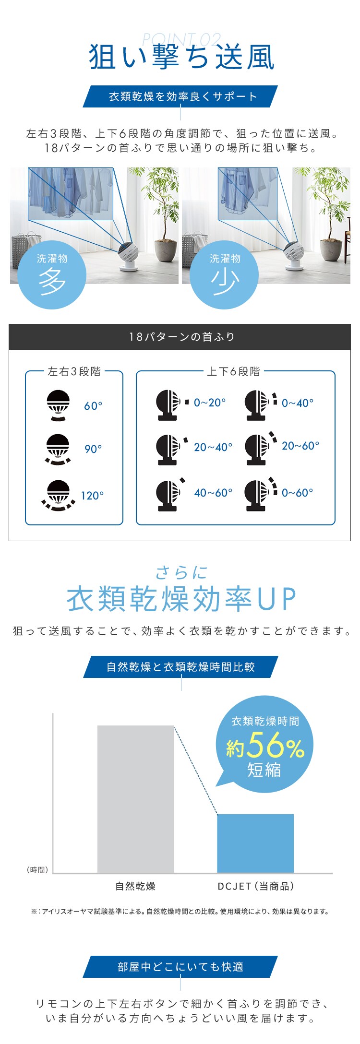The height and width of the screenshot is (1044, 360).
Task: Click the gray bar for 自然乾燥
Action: pyautogui.click(x=135, y=799)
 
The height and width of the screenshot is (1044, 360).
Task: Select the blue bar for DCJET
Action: pyautogui.click(x=255, y=843)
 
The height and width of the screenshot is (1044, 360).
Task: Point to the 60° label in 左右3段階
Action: pyautogui.click(x=93, y=406)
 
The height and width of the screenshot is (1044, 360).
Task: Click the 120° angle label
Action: pyautogui.click(x=92, y=496)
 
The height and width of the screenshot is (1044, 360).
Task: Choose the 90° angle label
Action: pyautogui.click(x=93, y=449)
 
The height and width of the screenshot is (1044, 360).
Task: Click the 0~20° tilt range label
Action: pyautogui.click(x=210, y=403)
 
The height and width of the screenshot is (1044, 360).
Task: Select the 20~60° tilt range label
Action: pyautogui.click(x=300, y=446)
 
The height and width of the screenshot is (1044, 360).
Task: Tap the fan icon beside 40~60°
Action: pyautogui.click(x=170, y=494)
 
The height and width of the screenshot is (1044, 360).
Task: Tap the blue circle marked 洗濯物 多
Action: pyautogui.click(x=52, y=275)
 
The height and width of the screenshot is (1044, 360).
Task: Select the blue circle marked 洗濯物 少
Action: pyautogui.click(x=224, y=275)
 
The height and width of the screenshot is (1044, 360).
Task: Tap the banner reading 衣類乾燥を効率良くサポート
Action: pyautogui.click(x=180, y=96)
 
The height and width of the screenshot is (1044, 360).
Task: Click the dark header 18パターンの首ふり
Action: pyautogui.click(x=180, y=337)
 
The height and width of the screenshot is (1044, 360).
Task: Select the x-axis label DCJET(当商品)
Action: pyautogui.click(x=256, y=886)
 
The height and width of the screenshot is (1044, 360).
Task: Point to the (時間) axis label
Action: pyautogui.click(x=37, y=870)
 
